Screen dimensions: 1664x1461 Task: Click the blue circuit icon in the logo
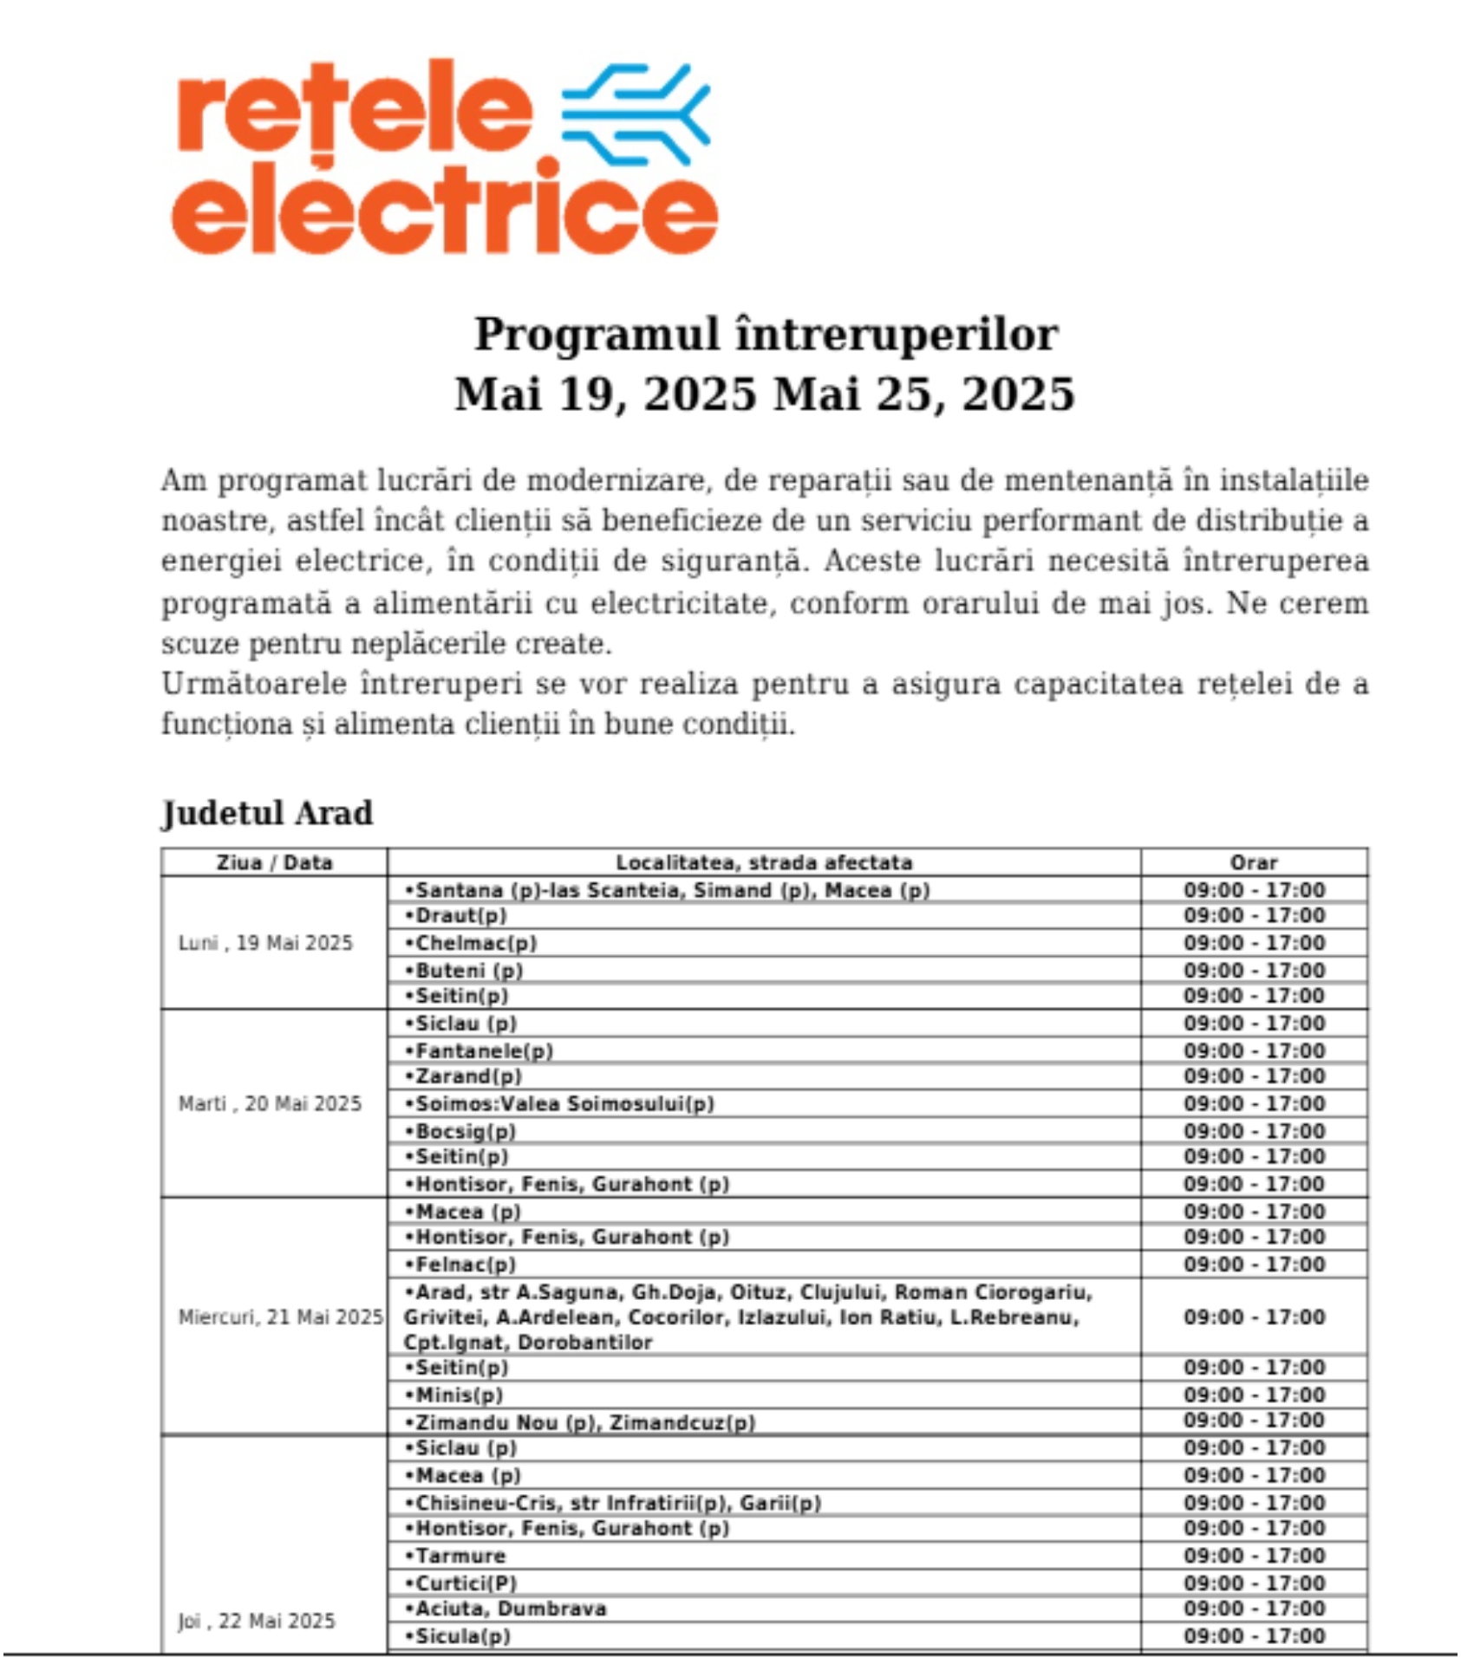(636, 114)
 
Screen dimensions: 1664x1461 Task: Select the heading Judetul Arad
(267, 814)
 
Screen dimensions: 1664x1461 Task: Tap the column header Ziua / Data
(274, 862)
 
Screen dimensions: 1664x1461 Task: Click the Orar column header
(1254, 862)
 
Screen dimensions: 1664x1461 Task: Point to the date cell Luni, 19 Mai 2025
(265, 943)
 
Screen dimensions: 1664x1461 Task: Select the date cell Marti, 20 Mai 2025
(270, 1103)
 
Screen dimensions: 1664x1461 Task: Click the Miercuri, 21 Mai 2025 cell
(280, 1317)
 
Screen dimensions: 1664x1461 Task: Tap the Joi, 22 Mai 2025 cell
(257, 1621)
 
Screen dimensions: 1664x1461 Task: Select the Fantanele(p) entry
(484, 1051)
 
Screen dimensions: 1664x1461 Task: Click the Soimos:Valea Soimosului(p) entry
(564, 1104)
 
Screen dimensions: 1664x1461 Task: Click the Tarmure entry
(460, 1556)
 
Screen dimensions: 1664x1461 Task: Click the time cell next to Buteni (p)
(1254, 970)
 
